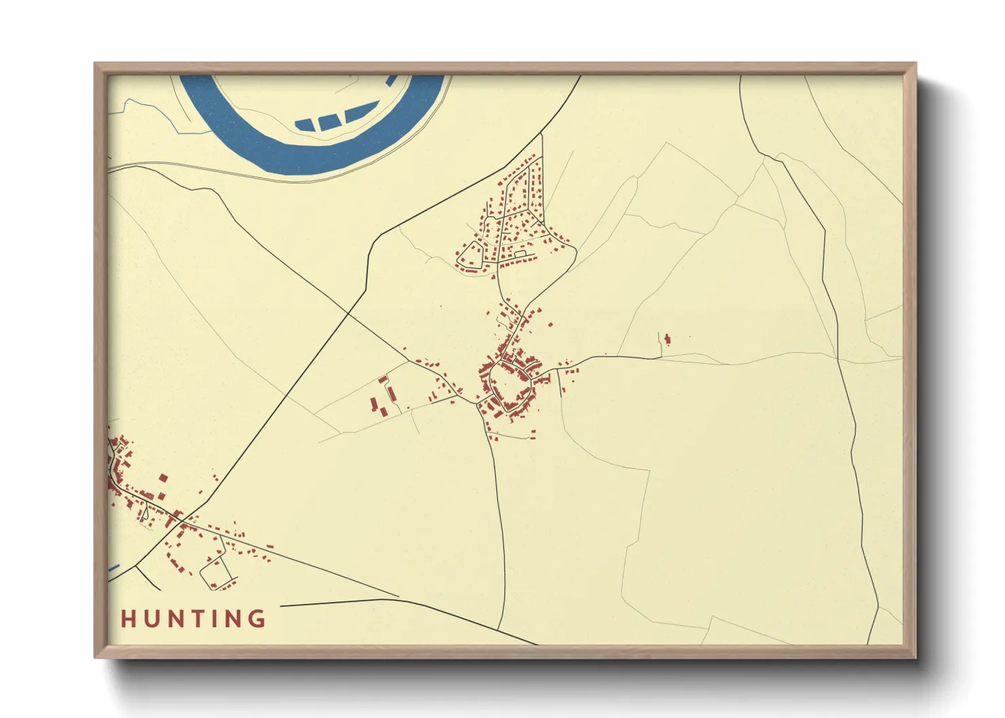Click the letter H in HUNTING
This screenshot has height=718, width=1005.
click(x=128, y=619)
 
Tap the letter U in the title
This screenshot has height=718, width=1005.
click(x=151, y=619)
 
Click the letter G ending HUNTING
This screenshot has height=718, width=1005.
click(x=257, y=619)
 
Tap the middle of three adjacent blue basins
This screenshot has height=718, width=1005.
click(x=329, y=121)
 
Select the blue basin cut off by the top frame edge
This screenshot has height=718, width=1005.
click(x=392, y=79)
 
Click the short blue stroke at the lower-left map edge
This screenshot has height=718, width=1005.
click(x=113, y=568)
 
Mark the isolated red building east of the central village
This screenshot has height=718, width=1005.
click(x=668, y=339)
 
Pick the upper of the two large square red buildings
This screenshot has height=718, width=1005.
click(x=162, y=478)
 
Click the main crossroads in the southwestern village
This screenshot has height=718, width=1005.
click(x=179, y=522)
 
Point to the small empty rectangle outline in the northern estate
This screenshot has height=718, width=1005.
click(x=521, y=254)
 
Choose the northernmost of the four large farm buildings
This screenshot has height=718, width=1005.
click(x=383, y=379)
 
